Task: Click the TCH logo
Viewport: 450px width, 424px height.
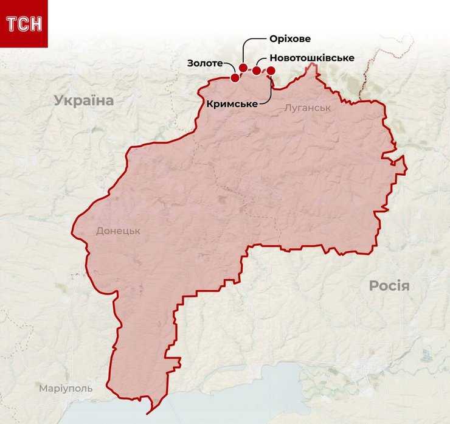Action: click(24, 24)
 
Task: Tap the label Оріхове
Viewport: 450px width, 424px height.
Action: click(289, 39)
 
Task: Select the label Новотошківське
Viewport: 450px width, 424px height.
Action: click(311, 58)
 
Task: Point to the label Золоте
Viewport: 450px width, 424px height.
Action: click(205, 63)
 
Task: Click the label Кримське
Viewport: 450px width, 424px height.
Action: click(231, 104)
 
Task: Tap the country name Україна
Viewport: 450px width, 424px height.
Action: click(83, 100)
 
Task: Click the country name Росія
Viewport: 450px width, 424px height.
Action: click(389, 286)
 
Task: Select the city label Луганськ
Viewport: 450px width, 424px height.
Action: click(307, 108)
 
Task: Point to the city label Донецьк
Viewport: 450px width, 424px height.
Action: click(118, 231)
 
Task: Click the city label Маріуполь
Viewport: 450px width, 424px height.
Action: click(66, 388)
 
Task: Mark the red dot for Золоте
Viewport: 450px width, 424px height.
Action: click(235, 77)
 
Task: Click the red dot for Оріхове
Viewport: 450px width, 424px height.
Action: click(243, 68)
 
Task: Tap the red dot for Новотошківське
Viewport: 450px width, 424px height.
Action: click(257, 71)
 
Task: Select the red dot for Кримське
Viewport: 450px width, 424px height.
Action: click(271, 71)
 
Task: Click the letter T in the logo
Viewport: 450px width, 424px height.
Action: click(12, 24)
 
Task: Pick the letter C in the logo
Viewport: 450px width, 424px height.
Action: click(23, 24)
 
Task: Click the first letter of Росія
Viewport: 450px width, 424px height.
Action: click(374, 286)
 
